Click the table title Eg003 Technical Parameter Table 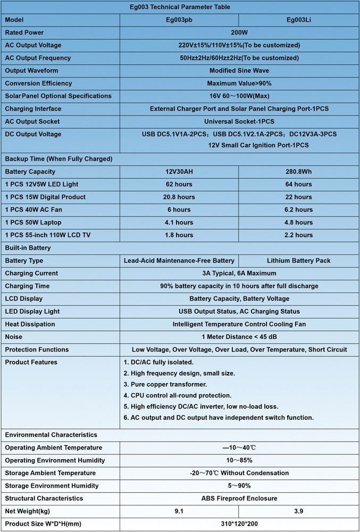click(x=180, y=7)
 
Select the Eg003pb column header click(x=179, y=20)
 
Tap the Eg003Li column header click(x=298, y=20)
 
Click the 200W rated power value click(x=239, y=32)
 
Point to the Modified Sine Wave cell click(x=239, y=71)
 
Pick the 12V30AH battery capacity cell click(x=179, y=172)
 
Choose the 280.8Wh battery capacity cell click(x=298, y=172)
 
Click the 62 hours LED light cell click(x=179, y=185)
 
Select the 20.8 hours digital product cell click(x=179, y=197)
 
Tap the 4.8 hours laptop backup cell click(x=298, y=222)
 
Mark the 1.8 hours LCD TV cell click(x=179, y=235)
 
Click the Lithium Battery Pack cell click(x=298, y=261)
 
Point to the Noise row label click(x=14, y=337)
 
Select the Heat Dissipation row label click(x=30, y=324)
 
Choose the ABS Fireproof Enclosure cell click(x=239, y=498)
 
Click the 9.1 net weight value click(x=179, y=511)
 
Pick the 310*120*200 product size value click(x=239, y=524)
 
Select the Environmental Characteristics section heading click(x=51, y=435)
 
